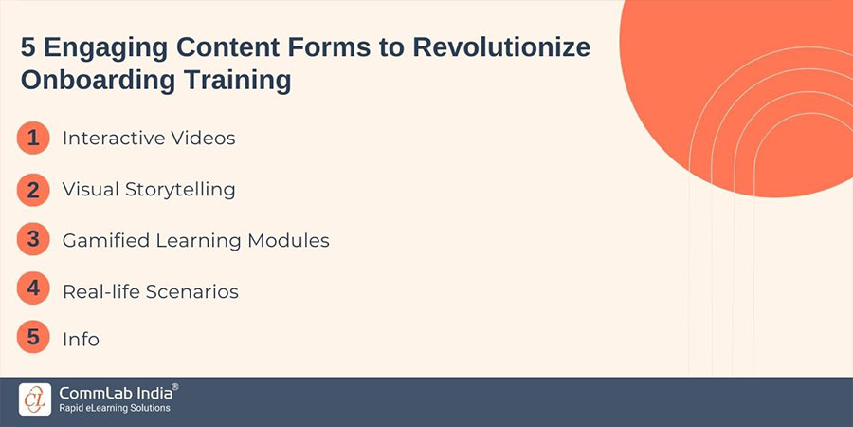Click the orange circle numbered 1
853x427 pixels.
(33, 139)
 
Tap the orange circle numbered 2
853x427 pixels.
(33, 190)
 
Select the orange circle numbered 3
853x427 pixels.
(33, 240)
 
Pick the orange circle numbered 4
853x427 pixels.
(33, 289)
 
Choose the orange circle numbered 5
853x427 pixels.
(33, 339)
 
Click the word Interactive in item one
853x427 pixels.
(111, 139)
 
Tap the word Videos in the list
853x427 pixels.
(200, 139)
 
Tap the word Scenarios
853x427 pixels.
(191, 291)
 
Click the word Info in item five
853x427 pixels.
(81, 340)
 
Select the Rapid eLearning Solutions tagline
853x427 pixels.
(115, 408)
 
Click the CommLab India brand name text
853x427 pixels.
(117, 391)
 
